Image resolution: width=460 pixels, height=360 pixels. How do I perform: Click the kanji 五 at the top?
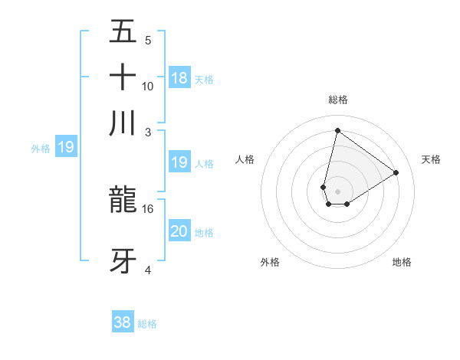[123, 33]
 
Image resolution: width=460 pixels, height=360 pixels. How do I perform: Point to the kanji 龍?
[123, 200]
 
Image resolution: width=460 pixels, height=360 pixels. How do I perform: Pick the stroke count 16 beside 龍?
[148, 208]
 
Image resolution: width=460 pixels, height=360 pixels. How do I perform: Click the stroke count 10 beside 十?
[148, 86]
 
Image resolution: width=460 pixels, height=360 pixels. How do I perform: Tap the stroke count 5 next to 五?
[148, 41]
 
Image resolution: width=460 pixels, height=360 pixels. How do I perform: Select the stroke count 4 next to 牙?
[148, 270]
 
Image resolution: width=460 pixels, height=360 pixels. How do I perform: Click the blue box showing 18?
[179, 77]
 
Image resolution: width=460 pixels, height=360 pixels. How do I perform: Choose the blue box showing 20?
[179, 231]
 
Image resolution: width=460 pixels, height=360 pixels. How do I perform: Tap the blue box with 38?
[123, 322]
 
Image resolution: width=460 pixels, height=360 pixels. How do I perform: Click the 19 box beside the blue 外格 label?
[66, 147]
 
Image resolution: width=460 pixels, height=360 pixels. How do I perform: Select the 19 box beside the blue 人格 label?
[179, 162]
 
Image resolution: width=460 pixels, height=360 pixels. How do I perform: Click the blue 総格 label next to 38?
[147, 324]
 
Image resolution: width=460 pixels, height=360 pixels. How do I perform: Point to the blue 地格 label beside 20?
[204, 233]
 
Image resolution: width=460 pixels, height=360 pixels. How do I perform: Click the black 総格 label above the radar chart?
[338, 100]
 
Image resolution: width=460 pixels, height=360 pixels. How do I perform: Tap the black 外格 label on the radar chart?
[270, 263]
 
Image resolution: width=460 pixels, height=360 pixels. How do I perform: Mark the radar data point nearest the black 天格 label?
[396, 172]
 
